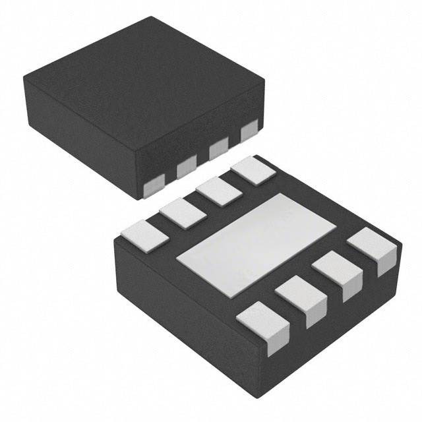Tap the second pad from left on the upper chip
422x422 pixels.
[186, 169]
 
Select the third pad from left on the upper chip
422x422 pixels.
[218, 151]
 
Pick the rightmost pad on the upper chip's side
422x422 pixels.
[249, 133]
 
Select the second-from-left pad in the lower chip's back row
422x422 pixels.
[183, 212]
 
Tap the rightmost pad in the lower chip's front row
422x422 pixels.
[373, 249]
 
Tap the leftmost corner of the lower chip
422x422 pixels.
[114, 241]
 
